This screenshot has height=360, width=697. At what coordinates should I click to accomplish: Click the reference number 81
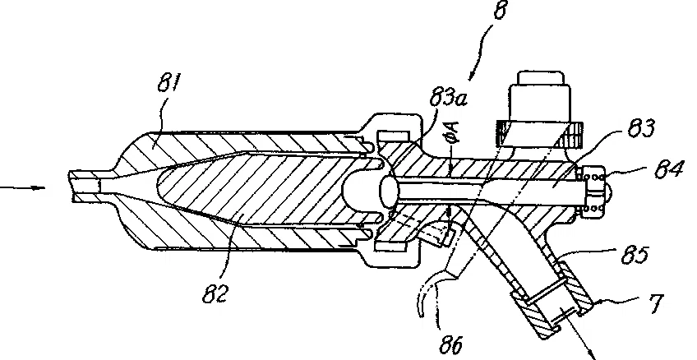click(169, 83)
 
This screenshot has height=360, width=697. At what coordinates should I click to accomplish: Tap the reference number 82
click(215, 293)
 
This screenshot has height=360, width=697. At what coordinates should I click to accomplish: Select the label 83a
click(449, 97)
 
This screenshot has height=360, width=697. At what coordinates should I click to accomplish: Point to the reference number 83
click(641, 127)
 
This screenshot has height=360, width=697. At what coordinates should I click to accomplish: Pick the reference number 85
click(635, 255)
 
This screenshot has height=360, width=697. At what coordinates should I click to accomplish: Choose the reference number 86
click(450, 345)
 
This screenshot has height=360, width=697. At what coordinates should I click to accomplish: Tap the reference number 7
click(655, 304)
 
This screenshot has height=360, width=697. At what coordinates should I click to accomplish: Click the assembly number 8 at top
click(500, 10)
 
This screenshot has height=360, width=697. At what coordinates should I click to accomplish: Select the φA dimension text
click(453, 133)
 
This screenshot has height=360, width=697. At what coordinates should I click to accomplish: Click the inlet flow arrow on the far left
click(22, 187)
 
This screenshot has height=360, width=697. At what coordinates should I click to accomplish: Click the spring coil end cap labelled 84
click(593, 190)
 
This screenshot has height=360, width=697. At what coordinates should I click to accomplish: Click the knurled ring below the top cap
click(540, 132)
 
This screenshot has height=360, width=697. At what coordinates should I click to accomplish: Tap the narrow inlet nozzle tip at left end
click(85, 187)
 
